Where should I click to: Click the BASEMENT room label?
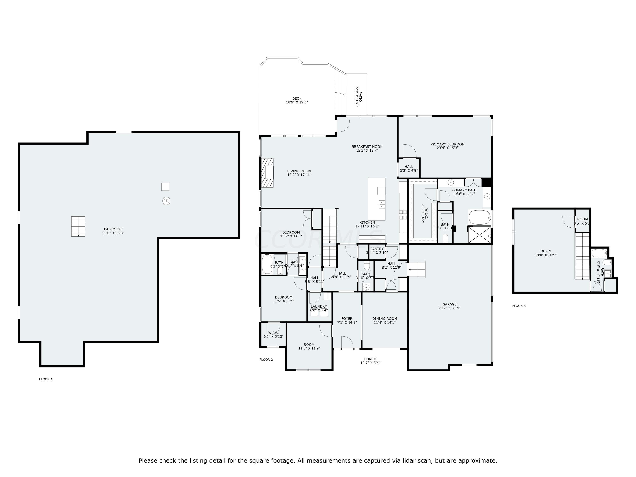pyautogui.click(x=113, y=229)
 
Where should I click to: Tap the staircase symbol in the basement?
pyautogui.click(x=78, y=227)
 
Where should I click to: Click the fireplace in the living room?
pyautogui.click(x=267, y=173)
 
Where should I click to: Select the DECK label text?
pyautogui.click(x=297, y=98)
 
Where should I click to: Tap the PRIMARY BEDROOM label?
pyautogui.click(x=447, y=144)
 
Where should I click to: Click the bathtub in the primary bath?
pyautogui.click(x=479, y=217)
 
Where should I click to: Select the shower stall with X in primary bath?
pyautogui.click(x=479, y=235)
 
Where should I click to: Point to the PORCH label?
pyautogui.click(x=370, y=359)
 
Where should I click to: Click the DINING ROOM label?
pyautogui.click(x=384, y=319)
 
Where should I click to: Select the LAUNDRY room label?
pyautogui.click(x=319, y=307)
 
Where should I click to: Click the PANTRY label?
pyautogui.click(x=377, y=249)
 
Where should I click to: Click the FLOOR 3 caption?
pyautogui.click(x=519, y=306)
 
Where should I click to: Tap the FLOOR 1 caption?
pyautogui.click(x=46, y=379)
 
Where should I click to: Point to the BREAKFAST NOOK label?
pyautogui.click(x=367, y=147)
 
